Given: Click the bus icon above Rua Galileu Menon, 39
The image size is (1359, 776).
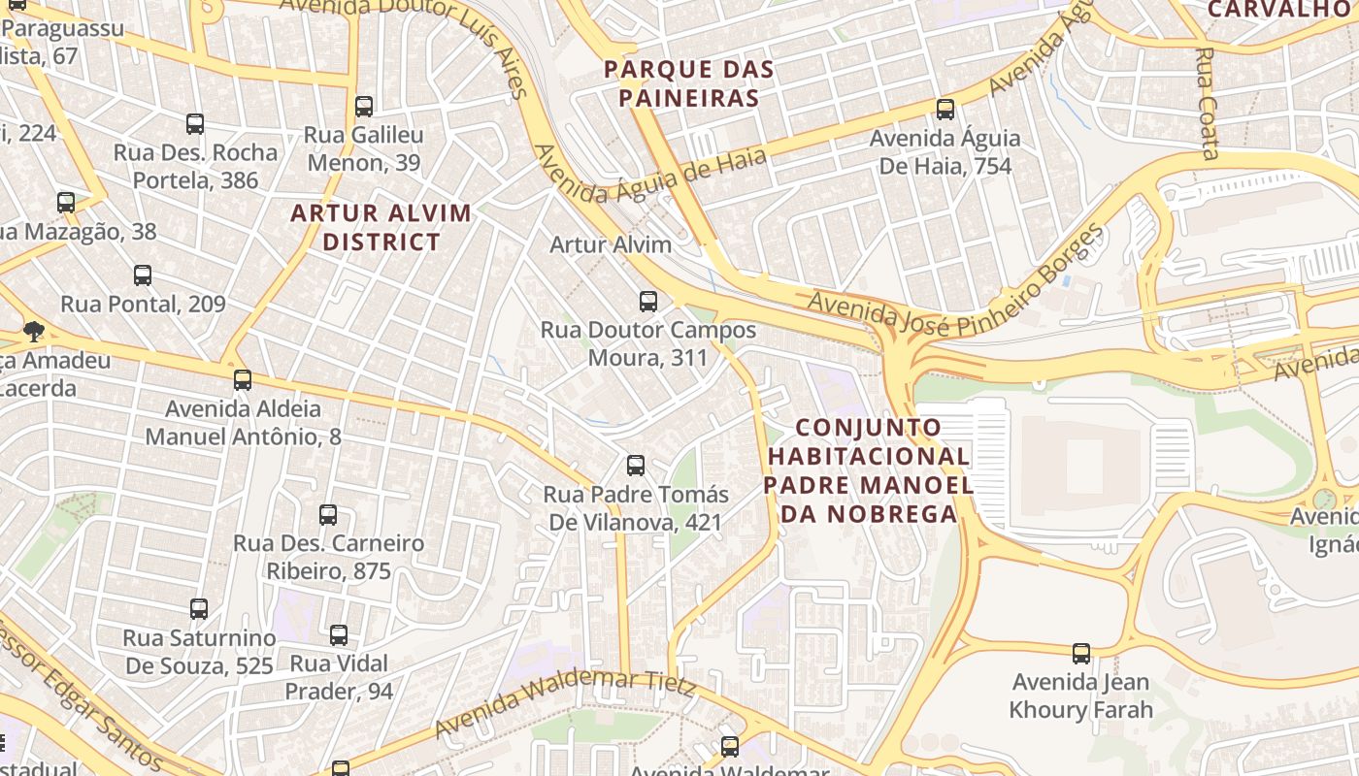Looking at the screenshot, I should (x=364, y=107).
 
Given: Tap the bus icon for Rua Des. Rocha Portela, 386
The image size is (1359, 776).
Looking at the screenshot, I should (x=195, y=124).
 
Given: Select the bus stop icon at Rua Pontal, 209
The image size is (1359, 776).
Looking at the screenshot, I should (x=143, y=275).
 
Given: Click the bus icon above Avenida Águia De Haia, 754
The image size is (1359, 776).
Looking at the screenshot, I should (x=945, y=110).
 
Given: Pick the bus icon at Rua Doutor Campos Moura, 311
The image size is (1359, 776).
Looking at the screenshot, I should (x=648, y=302).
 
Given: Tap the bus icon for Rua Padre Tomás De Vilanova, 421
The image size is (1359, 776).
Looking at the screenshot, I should (x=636, y=466).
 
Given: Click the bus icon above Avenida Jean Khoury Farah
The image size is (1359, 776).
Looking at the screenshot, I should (x=1081, y=654).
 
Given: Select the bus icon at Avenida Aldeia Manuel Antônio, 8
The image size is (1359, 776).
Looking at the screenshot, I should (x=243, y=380).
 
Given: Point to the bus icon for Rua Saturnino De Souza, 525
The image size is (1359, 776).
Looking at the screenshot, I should (x=199, y=609).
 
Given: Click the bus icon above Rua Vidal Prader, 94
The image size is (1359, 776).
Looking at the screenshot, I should (x=339, y=635).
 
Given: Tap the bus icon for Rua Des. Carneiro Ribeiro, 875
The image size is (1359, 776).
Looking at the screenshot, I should (x=328, y=515).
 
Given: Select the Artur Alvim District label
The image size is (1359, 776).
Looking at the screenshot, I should (x=381, y=227).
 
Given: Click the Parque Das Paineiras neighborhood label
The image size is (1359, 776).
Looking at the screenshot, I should (x=689, y=83).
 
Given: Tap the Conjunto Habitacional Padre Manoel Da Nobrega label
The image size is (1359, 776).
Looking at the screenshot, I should (x=869, y=470).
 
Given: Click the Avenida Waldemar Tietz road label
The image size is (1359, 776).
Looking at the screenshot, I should (x=565, y=700).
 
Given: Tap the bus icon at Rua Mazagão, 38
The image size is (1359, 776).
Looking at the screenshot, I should (x=66, y=203).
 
